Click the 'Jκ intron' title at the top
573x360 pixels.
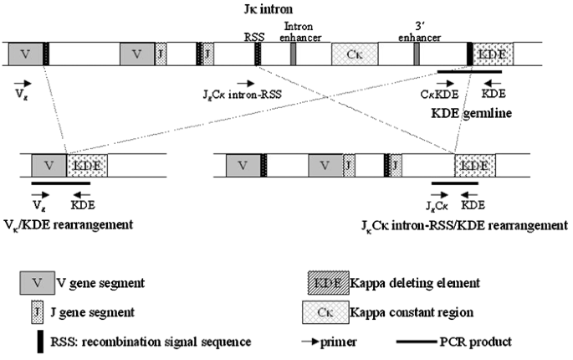click(265, 9)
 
